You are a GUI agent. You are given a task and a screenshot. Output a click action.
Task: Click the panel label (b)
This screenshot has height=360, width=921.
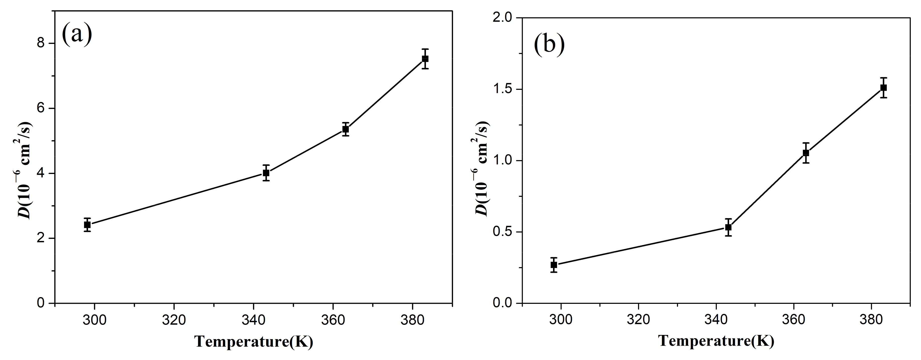(549, 45)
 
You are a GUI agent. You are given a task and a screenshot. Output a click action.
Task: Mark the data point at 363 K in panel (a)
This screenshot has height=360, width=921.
(345, 129)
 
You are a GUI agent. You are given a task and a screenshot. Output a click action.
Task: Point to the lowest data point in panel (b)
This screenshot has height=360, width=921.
(554, 265)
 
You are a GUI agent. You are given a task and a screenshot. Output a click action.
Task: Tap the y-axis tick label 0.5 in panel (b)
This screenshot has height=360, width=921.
(503, 232)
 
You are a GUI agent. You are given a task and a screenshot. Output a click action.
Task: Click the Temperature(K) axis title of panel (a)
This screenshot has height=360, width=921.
(254, 341)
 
